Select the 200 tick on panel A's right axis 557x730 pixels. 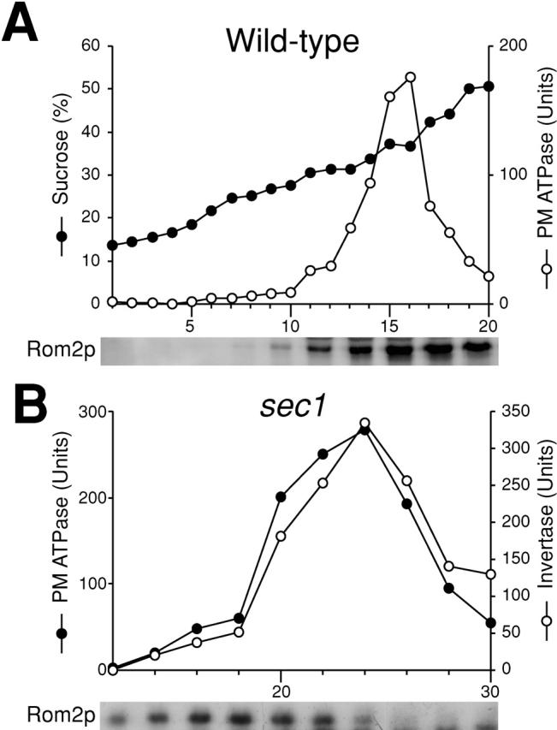click(513, 45)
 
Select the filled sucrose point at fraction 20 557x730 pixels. click(489, 86)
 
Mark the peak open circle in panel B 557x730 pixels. click(364, 423)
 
